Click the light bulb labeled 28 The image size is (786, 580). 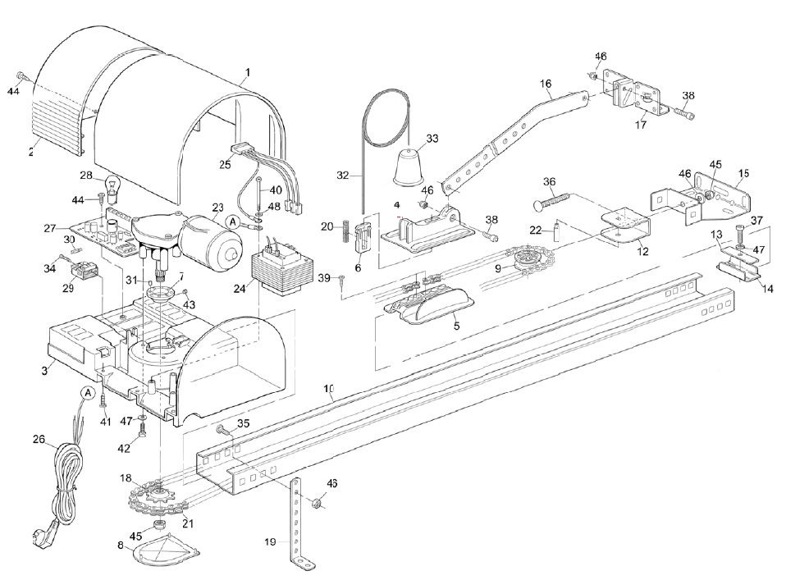(x=112, y=190)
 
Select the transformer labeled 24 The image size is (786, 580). (x=281, y=271)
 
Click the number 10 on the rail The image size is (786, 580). (x=329, y=389)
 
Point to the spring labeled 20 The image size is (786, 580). (x=345, y=231)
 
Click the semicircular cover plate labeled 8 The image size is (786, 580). (x=166, y=549)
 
